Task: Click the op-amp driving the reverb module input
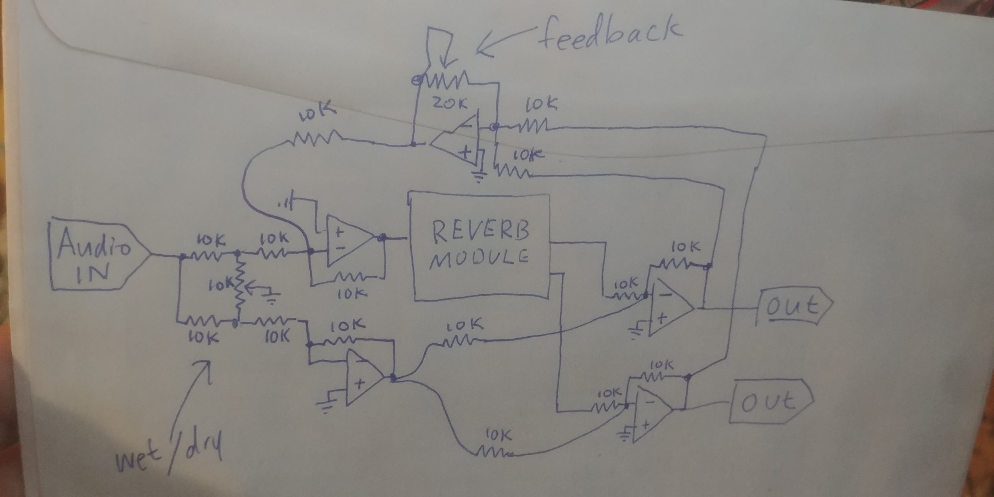coord(347,241)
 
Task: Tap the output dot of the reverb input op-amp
coord(382,237)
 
